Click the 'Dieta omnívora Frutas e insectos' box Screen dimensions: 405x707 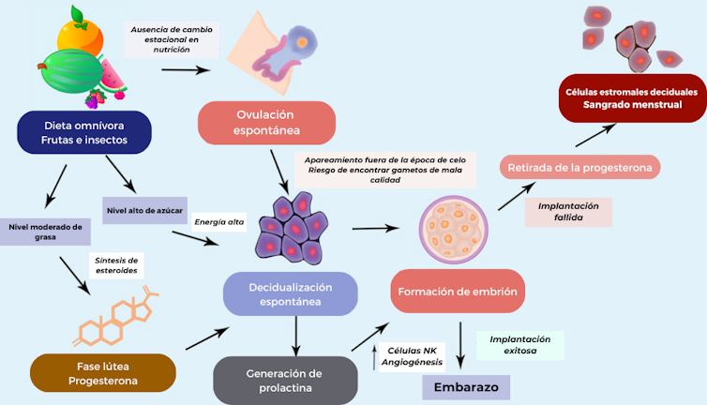[x=84, y=131]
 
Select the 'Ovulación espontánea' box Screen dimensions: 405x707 [x=266, y=123]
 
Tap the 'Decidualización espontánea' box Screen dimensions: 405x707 [x=291, y=292]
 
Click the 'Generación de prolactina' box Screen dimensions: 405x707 [x=285, y=380]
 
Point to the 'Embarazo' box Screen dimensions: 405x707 [x=465, y=387]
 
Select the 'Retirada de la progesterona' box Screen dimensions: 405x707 [x=579, y=168]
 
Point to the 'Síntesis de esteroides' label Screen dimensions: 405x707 [x=117, y=265]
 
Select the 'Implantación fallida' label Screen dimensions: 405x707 [x=569, y=212]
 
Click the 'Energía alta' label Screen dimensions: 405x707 [x=218, y=222]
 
